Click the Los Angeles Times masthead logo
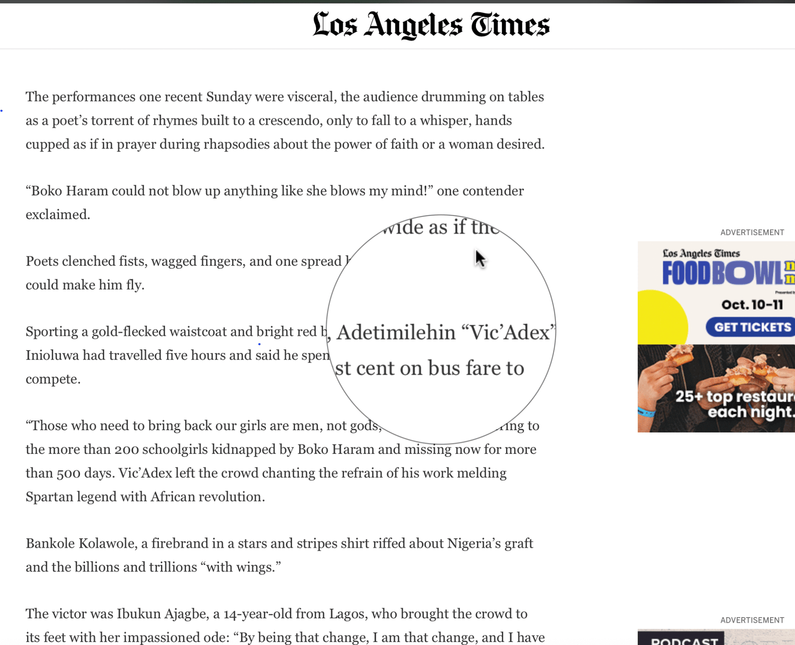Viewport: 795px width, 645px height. click(431, 25)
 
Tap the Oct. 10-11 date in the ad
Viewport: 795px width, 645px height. click(752, 304)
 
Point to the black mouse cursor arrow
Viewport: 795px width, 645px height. click(479, 259)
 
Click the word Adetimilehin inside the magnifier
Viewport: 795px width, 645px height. click(396, 333)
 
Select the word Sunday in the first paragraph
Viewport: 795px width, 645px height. click(229, 97)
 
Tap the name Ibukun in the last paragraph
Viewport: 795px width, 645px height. click(138, 614)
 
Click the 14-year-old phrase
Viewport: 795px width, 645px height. click(257, 614)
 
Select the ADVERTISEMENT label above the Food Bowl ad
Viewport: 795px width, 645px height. click(752, 232)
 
